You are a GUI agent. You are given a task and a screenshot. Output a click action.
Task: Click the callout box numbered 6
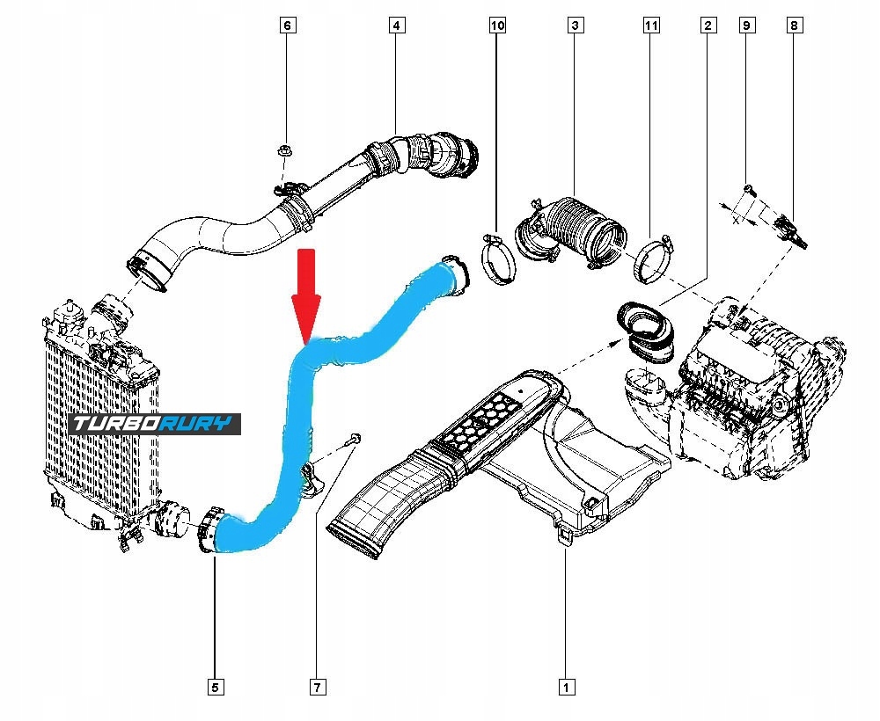[287, 26]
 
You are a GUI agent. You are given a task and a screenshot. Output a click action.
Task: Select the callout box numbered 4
[397, 26]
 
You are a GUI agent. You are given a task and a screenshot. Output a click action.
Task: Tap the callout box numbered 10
[498, 26]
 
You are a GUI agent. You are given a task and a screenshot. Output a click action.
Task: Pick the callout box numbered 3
[574, 26]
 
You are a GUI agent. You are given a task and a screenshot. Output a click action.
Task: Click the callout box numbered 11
[650, 26]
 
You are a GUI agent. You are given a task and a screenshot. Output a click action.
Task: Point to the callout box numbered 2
[707, 26]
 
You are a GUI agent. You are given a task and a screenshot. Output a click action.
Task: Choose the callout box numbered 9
[746, 26]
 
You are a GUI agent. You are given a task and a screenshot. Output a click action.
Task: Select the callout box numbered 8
[795, 26]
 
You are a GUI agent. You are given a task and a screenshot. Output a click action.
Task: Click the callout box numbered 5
[214, 686]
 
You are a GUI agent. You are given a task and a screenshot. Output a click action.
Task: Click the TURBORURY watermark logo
[155, 425]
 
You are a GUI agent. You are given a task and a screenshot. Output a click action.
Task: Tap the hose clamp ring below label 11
[652, 259]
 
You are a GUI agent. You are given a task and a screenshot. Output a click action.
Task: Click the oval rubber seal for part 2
[645, 328]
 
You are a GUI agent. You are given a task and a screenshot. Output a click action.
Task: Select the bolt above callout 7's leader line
[355, 438]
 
